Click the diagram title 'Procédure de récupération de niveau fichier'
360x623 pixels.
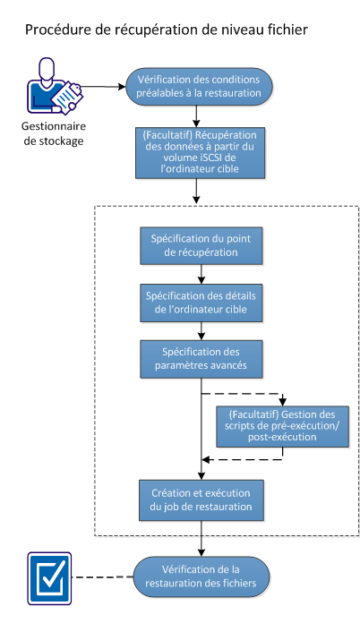coord(166,30)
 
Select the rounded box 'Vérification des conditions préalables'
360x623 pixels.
coord(198,86)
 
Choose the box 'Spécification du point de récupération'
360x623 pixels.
coord(200,245)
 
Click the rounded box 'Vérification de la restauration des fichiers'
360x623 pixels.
coord(200,576)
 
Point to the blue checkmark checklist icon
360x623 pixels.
coord(45,576)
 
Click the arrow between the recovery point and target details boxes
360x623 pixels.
coord(200,275)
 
